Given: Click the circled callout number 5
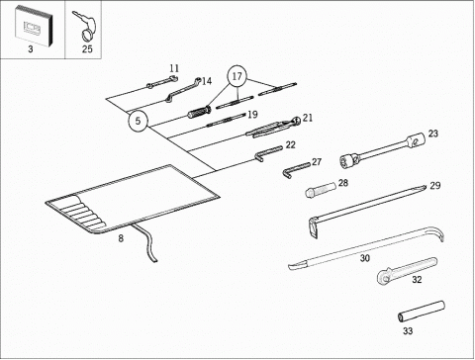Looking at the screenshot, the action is point(138,121).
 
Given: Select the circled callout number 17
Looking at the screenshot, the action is point(237,76).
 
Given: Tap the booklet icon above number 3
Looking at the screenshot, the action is point(34,26).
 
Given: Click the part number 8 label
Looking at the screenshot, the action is point(121,238).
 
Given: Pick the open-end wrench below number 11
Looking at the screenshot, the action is point(162,82).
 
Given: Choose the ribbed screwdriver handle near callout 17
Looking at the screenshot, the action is point(199,112).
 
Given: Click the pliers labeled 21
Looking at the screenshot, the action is point(273,127).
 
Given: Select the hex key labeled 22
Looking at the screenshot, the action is point(268,153).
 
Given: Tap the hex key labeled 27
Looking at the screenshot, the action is point(296,169).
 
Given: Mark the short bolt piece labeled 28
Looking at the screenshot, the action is point(321,190).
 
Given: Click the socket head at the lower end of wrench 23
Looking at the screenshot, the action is point(349,160).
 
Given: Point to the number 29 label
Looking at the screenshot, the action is point(435,186).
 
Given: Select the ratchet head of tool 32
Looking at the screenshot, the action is point(385,277).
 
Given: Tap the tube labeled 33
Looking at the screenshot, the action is point(422,311).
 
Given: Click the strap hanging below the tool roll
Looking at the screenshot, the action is point(146,242).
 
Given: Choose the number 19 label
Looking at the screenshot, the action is point(252,115).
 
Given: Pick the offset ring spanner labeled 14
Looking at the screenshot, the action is point(182,90).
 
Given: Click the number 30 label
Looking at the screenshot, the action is point(364,258).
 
